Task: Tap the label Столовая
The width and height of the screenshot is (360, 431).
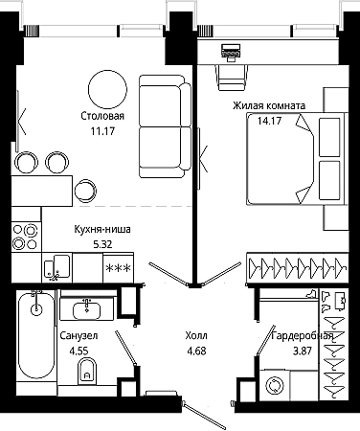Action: pyautogui.click(x=102, y=116)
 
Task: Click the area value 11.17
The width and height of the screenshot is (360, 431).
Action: pyautogui.click(x=102, y=130)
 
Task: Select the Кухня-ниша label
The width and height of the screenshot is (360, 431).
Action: pyautogui.click(x=102, y=229)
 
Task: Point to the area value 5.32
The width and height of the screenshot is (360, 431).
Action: pyautogui.click(x=102, y=244)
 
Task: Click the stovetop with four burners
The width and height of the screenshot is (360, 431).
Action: pyautogui.click(x=26, y=237)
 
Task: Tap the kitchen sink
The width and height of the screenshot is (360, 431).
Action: pyautogui.click(x=56, y=267)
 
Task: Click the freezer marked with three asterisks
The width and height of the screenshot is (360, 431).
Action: pyautogui.click(x=118, y=267)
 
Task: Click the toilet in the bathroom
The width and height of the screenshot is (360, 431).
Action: pyautogui.click(x=87, y=371)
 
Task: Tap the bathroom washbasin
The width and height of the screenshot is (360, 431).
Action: pyautogui.click(x=86, y=309)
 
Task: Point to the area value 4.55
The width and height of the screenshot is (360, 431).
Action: pyautogui.click(x=79, y=352)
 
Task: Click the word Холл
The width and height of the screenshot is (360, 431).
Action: pyautogui.click(x=196, y=335)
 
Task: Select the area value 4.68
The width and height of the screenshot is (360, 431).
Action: pyautogui.click(x=196, y=351)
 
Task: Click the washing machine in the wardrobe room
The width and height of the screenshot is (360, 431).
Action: pyautogui.click(x=275, y=385)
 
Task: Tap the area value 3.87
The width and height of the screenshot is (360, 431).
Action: pyautogui.click(x=303, y=352)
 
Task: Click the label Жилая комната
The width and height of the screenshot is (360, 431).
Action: pyautogui.click(x=269, y=105)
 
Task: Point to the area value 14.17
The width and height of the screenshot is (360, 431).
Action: pyautogui.click(x=269, y=121)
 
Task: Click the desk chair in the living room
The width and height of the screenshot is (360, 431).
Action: pyautogui.click(x=234, y=77)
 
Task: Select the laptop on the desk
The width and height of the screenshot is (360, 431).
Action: pyautogui.click(x=231, y=51)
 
